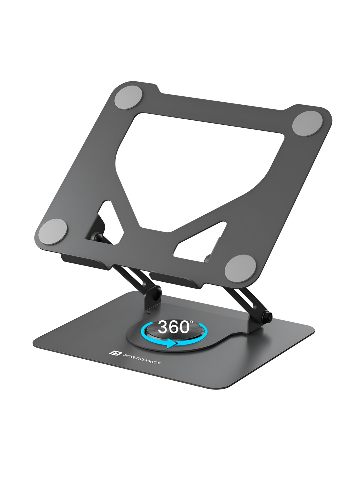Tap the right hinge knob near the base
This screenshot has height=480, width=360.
point(268,315)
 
